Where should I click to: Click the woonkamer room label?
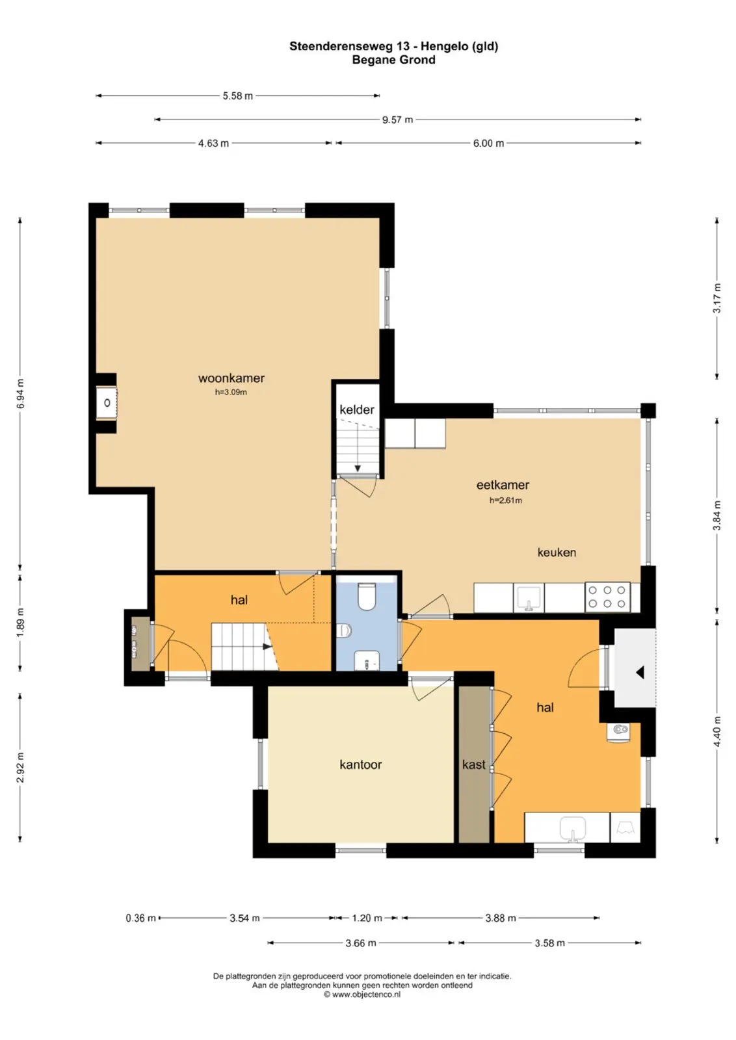tap(231, 378)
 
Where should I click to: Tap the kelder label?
tap(357, 409)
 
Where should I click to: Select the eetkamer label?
tap(503, 485)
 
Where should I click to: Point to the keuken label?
tap(557, 552)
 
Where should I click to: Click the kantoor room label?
tap(360, 764)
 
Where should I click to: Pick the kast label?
tap(473, 764)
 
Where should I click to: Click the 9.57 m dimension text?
tap(397, 120)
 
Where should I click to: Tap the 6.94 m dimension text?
tap(20, 394)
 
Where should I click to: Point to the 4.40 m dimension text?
tap(717, 732)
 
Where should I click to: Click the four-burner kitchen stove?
tap(607, 597)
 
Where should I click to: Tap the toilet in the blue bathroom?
tap(367, 596)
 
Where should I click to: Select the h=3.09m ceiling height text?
tap(231, 393)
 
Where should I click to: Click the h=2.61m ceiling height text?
tap(506, 500)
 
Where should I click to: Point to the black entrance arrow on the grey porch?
tap(640, 672)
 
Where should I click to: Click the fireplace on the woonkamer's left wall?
tap(107, 402)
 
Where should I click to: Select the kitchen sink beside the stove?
tap(529, 597)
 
